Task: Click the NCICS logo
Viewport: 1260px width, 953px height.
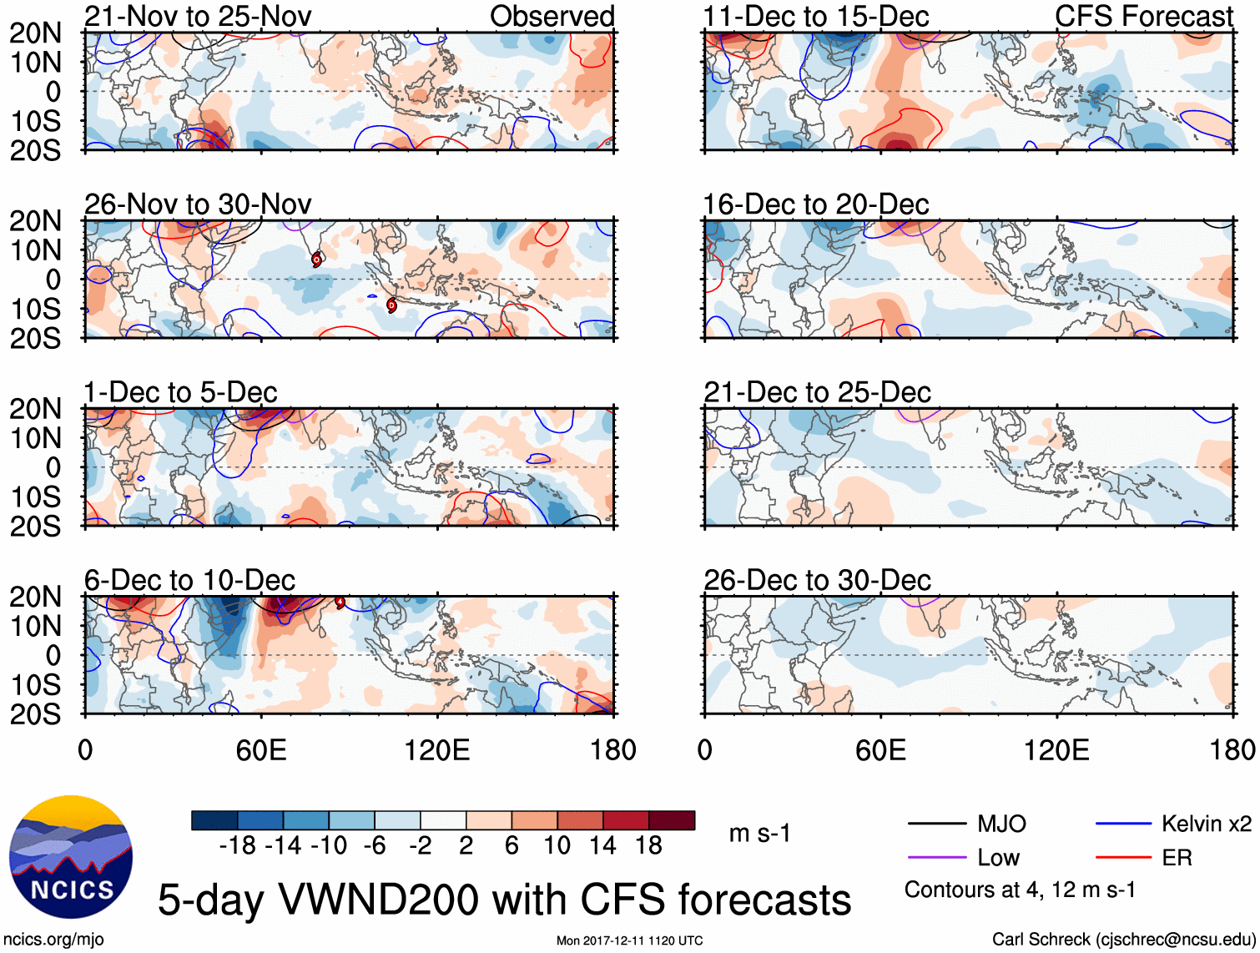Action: (71, 857)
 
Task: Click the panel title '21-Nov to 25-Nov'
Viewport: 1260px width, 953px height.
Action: (198, 16)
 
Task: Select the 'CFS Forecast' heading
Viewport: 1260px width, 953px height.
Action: (1143, 16)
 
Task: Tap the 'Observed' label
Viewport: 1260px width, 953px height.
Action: (552, 16)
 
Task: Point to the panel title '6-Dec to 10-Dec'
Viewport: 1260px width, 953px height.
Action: (189, 580)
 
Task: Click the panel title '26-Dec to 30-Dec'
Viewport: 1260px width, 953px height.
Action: (817, 580)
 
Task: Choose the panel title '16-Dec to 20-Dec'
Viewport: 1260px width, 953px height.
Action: (816, 204)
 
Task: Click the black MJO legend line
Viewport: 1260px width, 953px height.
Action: (936, 824)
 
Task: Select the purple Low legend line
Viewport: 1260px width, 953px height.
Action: (936, 857)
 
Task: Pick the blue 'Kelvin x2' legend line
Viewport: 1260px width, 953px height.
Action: (1123, 824)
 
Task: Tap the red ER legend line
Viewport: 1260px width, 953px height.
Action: (1123, 857)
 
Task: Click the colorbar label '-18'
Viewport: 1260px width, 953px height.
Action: (238, 845)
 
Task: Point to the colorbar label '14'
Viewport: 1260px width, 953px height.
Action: (603, 845)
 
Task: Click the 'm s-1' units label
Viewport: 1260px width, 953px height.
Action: (759, 833)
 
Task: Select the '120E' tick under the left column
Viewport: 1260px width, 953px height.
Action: (437, 749)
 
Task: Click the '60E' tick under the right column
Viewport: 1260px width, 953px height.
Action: (881, 749)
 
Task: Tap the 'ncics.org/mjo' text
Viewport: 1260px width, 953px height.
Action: (53, 939)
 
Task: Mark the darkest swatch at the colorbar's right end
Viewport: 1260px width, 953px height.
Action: (672, 820)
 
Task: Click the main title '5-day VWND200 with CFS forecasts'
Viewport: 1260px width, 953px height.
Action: (504, 900)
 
